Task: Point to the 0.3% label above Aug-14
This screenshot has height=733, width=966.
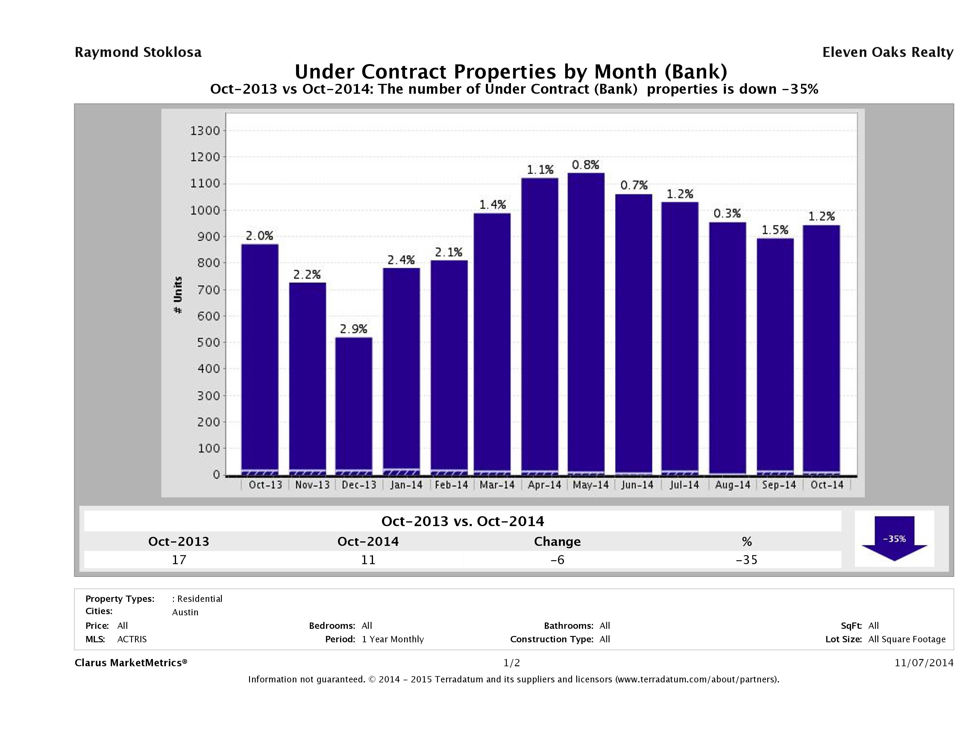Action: point(727,213)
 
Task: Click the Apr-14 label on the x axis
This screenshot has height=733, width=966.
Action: point(544,485)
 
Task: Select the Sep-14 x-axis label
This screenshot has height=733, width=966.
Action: point(779,485)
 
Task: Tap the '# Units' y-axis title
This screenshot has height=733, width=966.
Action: point(178,295)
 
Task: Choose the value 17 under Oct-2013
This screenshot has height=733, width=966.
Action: point(179,560)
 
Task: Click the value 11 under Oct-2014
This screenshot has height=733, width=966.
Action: point(368,560)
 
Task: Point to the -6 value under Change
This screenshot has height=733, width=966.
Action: point(557,560)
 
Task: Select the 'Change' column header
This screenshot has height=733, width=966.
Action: point(557,542)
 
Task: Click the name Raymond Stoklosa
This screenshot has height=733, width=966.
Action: point(138,52)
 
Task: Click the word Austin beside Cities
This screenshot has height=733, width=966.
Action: point(185,612)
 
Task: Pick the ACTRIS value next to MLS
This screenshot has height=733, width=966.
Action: point(132,639)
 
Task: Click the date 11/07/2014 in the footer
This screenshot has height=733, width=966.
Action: point(923,663)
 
